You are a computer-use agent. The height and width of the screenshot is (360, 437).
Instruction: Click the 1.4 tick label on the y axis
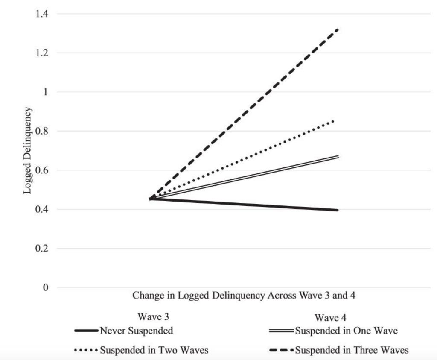[x=42, y=14]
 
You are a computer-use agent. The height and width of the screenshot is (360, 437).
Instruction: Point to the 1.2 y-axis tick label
[x=42, y=53]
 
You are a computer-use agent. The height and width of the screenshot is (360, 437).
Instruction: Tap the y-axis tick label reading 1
[x=45, y=92]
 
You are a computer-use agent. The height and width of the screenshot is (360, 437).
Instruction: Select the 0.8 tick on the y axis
[x=42, y=132]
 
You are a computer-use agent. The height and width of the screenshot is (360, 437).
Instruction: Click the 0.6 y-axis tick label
[x=42, y=170]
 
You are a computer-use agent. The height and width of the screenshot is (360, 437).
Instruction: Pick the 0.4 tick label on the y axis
[x=42, y=210]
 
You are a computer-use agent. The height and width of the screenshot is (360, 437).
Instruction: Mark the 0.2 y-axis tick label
[x=42, y=249]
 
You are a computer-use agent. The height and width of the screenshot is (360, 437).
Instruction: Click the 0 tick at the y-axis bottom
[x=45, y=288]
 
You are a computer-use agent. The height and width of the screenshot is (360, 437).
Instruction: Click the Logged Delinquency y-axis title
[x=27, y=151]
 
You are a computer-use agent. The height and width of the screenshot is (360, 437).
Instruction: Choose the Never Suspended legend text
[x=136, y=330]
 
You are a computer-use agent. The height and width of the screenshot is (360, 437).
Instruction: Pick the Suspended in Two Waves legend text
[x=154, y=351]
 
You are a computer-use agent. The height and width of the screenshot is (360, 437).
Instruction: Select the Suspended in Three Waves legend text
[x=352, y=351]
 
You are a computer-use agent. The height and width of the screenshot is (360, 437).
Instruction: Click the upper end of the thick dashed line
[x=338, y=29]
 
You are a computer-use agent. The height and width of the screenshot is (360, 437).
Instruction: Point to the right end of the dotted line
[x=334, y=121]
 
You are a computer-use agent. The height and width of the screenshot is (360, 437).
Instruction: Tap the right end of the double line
[x=338, y=157]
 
